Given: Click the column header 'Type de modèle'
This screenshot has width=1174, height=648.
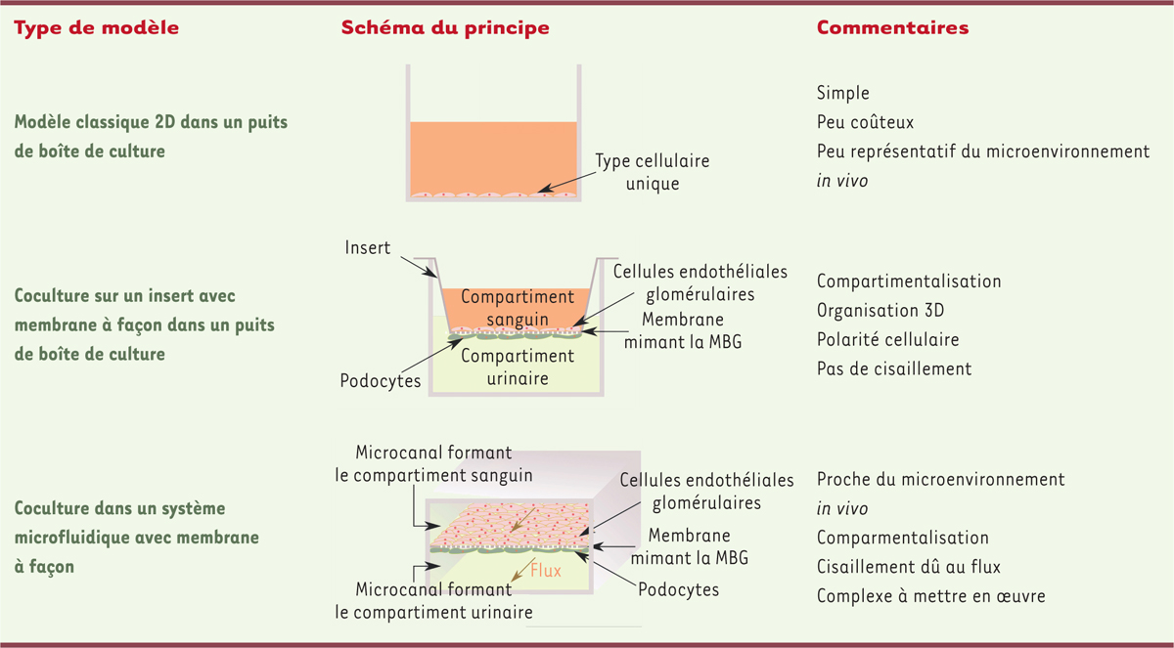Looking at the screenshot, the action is click(x=97, y=27).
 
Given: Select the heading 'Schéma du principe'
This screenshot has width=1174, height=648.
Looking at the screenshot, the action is click(x=445, y=27).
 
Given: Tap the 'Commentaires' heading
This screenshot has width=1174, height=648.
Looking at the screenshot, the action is click(x=892, y=27).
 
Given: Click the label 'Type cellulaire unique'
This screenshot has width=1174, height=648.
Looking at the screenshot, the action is click(x=652, y=172).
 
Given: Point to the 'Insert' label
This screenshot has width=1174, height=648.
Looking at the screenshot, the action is click(x=368, y=247).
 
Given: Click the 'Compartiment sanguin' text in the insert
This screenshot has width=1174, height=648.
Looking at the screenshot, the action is click(x=518, y=308).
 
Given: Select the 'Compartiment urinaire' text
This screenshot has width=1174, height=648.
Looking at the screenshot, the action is click(x=518, y=367).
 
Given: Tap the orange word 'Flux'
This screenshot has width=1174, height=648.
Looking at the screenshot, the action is click(x=546, y=570).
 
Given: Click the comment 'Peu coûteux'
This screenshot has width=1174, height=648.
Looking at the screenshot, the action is click(x=865, y=122).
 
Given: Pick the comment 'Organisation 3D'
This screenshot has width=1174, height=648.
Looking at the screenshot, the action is click(x=880, y=311).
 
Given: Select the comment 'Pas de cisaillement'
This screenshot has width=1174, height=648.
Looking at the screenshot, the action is click(x=894, y=368).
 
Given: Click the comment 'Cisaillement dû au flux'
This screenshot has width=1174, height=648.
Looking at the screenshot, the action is click(x=908, y=566).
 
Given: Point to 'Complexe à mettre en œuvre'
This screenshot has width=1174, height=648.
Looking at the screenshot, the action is click(x=930, y=595).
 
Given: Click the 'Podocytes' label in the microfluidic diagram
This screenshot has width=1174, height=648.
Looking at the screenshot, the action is click(x=678, y=590).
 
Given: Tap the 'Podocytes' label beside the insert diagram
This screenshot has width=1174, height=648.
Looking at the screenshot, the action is click(x=380, y=381).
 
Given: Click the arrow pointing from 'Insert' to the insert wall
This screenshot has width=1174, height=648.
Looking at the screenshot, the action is click(x=419, y=267).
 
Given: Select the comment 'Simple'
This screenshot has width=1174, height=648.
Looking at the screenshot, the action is click(x=842, y=93).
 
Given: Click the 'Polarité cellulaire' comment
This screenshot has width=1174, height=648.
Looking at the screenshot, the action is click(x=888, y=339).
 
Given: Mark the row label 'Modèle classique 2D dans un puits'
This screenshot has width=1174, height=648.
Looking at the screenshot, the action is click(x=151, y=122).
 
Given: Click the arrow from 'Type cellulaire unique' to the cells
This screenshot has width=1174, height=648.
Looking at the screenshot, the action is click(x=567, y=182).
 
